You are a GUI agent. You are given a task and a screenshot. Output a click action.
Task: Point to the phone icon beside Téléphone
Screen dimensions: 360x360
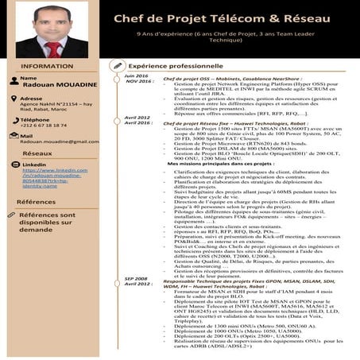12,120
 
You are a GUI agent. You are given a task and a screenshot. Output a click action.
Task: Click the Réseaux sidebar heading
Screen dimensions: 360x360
38,153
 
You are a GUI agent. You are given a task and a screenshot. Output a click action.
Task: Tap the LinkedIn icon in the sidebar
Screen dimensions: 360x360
13,165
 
